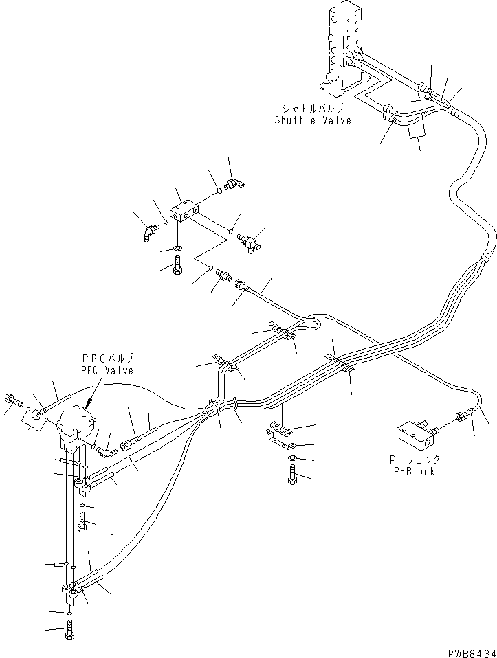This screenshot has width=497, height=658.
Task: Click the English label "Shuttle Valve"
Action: click(x=313, y=121)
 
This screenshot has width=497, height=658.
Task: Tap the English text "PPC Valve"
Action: click(x=107, y=370)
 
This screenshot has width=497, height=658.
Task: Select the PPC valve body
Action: click(x=74, y=422)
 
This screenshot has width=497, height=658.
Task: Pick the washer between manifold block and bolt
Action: click(x=177, y=247)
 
